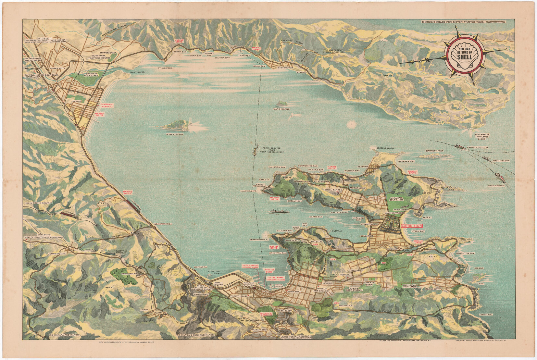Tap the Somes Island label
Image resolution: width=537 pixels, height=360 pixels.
click(174, 134)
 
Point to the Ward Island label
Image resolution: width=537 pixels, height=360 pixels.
click(281, 109)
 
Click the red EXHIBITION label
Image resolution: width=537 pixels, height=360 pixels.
click(412, 226)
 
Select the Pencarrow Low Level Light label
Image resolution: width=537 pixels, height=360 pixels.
click(482, 137)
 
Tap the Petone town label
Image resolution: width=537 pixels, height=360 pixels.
click(77, 101)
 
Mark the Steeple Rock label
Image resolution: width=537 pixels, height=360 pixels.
click(385, 148)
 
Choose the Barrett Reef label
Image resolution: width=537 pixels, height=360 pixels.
click(435, 151)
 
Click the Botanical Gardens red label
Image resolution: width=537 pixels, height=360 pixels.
click(268, 314)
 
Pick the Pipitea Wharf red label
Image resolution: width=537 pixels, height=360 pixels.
click(251, 266)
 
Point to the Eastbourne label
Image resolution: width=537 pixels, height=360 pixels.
click(286, 68)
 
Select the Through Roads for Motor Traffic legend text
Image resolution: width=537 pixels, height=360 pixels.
click(453, 22)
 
